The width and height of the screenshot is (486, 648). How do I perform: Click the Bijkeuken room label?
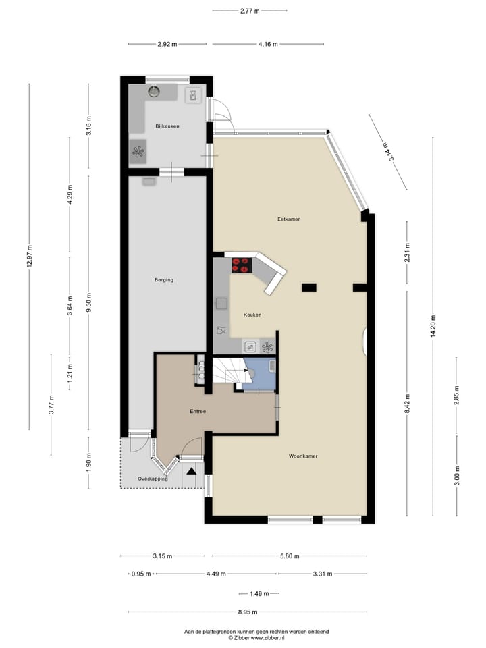[167, 126]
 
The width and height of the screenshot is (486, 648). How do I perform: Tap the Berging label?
[164, 279]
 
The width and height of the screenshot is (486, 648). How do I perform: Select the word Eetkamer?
[288, 219]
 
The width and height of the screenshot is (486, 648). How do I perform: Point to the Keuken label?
[252, 315]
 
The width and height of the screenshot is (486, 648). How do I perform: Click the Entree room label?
[197, 411]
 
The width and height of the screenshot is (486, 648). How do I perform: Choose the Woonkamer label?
[303, 456]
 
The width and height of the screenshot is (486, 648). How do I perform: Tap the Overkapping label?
[153, 479]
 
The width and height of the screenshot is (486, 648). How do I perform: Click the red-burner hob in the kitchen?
[241, 265]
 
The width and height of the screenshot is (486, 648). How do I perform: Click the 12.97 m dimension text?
[30, 256]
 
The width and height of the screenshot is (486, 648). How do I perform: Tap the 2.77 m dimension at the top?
[249, 11]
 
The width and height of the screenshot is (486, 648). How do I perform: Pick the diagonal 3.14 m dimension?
[386, 151]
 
